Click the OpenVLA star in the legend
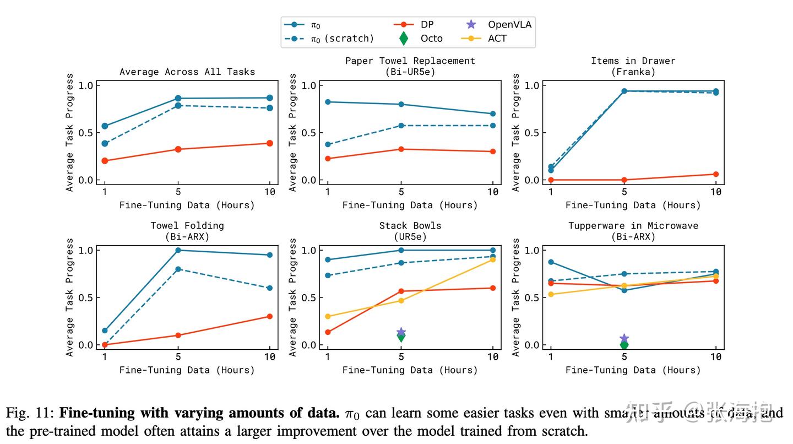click(x=471, y=24)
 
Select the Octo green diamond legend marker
click(x=404, y=38)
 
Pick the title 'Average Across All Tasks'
click(x=187, y=72)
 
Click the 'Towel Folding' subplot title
click(x=187, y=225)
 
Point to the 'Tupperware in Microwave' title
click(x=633, y=225)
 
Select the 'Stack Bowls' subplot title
click(x=410, y=225)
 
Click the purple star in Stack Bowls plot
click(x=401, y=332)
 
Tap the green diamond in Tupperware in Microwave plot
click(x=624, y=345)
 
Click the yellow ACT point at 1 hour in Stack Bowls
click(x=328, y=316)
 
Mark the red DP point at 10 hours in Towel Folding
click(x=270, y=316)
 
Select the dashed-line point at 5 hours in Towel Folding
click(x=178, y=269)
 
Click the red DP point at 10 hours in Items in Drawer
click(x=716, y=174)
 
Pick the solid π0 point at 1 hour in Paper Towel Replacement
click(x=328, y=102)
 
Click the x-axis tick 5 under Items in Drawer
click(x=624, y=192)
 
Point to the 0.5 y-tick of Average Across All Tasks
click(x=86, y=133)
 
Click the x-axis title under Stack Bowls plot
click(x=410, y=370)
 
